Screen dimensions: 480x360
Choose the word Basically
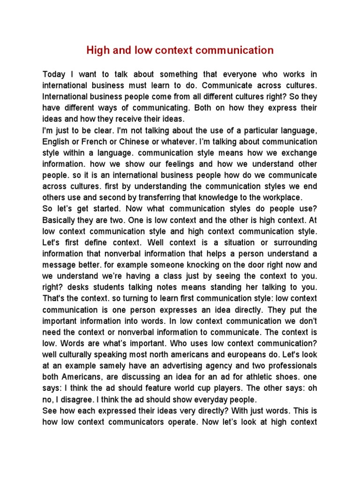(x=60, y=220)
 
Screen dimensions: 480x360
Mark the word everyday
(x=207, y=399)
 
